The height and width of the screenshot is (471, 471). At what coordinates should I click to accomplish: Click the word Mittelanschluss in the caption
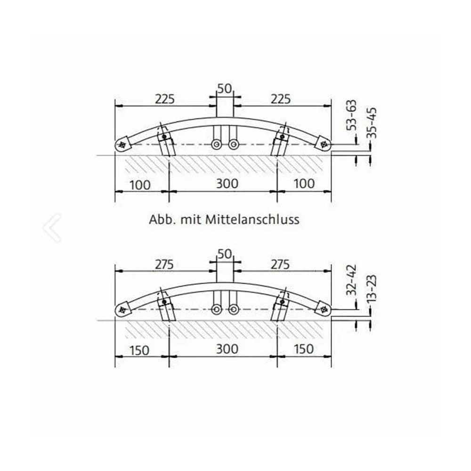[x=252, y=219]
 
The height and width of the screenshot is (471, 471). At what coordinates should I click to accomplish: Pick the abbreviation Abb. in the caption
[x=161, y=219]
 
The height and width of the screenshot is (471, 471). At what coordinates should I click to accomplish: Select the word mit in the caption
[x=190, y=219]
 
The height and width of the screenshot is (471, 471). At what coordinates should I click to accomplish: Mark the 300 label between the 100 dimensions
[x=228, y=183]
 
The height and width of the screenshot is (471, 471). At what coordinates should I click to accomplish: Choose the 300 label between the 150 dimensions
[x=228, y=349]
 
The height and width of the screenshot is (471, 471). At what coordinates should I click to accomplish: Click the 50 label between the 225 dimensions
[x=225, y=89]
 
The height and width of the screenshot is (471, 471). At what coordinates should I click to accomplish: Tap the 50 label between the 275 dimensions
[x=225, y=254]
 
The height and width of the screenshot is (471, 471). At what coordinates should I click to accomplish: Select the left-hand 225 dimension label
[x=165, y=99]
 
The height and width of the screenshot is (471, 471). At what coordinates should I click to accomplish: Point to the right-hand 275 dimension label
[x=280, y=265]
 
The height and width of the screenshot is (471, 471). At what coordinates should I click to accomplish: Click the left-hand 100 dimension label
[x=140, y=184]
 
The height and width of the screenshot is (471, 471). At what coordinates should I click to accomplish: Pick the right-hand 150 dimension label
[x=303, y=349]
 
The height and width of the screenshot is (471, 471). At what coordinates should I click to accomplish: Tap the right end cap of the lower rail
[x=324, y=309]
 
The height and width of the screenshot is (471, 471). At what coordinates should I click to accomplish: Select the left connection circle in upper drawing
[x=217, y=145]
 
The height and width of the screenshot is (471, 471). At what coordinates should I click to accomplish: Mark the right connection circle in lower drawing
[x=233, y=309]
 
